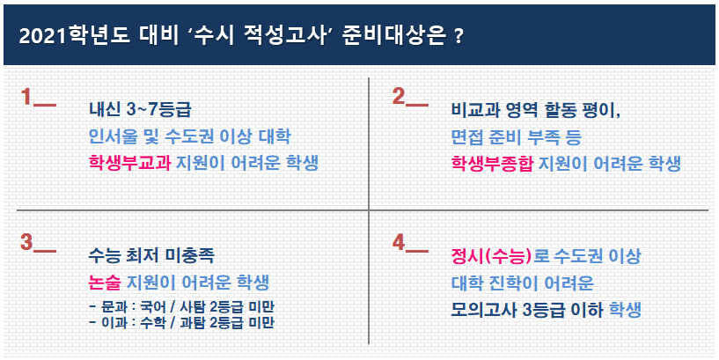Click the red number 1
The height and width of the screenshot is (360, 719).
pyautogui.click(x=26, y=97)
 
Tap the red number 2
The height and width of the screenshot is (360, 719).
pyautogui.click(x=399, y=96)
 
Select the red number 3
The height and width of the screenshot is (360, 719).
pyautogui.click(x=26, y=242)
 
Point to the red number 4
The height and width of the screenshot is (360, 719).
pyautogui.click(x=399, y=242)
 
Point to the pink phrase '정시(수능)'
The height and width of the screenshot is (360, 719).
pyautogui.click(x=491, y=256)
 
